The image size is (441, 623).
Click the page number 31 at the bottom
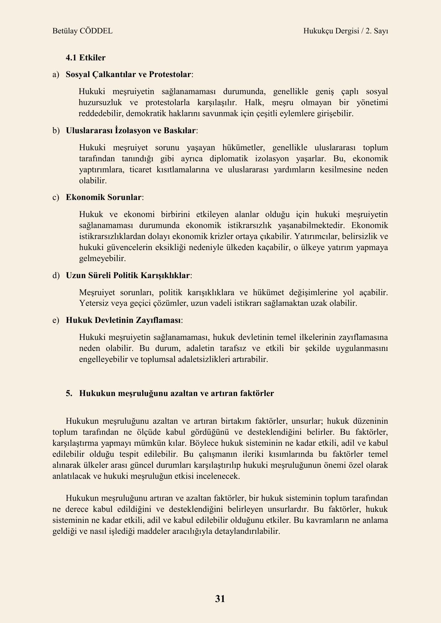[220, 599]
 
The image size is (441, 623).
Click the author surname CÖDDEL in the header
[96, 31]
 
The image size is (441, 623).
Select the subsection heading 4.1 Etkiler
[86, 58]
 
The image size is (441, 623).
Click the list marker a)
[55, 75]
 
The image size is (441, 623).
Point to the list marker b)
[56, 131]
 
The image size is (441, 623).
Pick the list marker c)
[55, 197]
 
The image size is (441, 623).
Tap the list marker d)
[56, 276]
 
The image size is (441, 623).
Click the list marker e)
[55, 320]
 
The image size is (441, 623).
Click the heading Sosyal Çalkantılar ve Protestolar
[129, 75]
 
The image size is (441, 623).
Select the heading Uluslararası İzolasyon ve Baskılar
[131, 131]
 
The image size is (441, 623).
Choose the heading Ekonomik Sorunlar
[104, 197]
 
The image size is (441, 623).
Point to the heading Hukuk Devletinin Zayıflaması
[123, 320]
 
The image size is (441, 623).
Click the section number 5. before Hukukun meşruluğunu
[69, 394]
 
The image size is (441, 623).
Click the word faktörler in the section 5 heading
[258, 394]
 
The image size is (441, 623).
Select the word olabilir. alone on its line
[93, 181]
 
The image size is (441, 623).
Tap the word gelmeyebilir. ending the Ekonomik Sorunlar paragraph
[102, 259]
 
